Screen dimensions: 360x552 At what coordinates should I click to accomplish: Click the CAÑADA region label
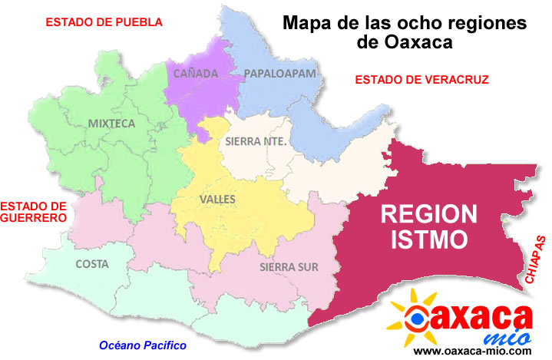pos(196,74)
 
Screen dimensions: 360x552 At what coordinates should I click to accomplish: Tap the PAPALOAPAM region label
pos(279,74)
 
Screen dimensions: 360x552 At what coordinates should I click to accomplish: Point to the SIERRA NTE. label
pos(256,142)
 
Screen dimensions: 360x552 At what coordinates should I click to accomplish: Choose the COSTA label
pos(92,264)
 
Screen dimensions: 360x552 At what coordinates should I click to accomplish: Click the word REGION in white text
pos(429,213)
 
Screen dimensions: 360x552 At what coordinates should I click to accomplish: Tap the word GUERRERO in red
pos(33,218)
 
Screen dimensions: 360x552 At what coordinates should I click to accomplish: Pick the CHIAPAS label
pos(535,261)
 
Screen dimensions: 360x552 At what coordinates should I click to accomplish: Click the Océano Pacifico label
pos(137,345)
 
